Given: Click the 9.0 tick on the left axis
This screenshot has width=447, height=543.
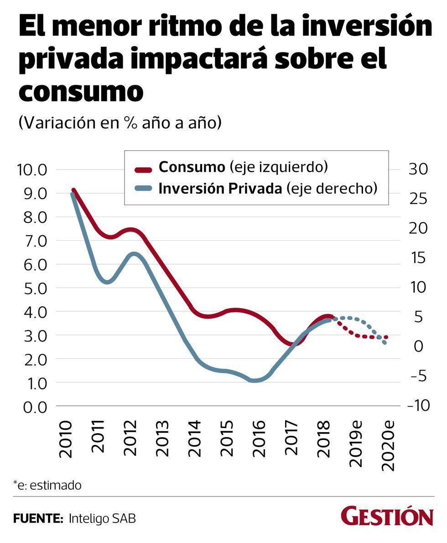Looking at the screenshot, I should pyautogui.click(x=31, y=194).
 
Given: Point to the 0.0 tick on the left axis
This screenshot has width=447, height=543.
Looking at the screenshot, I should pyautogui.click(x=31, y=407).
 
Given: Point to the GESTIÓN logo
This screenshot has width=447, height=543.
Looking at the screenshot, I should pyautogui.click(x=387, y=517).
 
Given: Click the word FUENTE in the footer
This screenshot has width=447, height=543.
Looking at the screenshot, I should pyautogui.click(x=38, y=518).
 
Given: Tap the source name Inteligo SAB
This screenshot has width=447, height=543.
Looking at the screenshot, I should pyautogui.click(x=103, y=518).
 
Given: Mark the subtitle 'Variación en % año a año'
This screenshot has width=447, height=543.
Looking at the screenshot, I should pyautogui.click(x=120, y=123).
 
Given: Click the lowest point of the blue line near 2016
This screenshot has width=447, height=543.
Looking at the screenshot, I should pyautogui.click(x=255, y=380).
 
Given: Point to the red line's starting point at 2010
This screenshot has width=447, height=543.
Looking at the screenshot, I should pyautogui.click(x=73, y=190).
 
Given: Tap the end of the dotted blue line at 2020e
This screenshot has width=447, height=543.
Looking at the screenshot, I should pyautogui.click(x=385, y=342).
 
